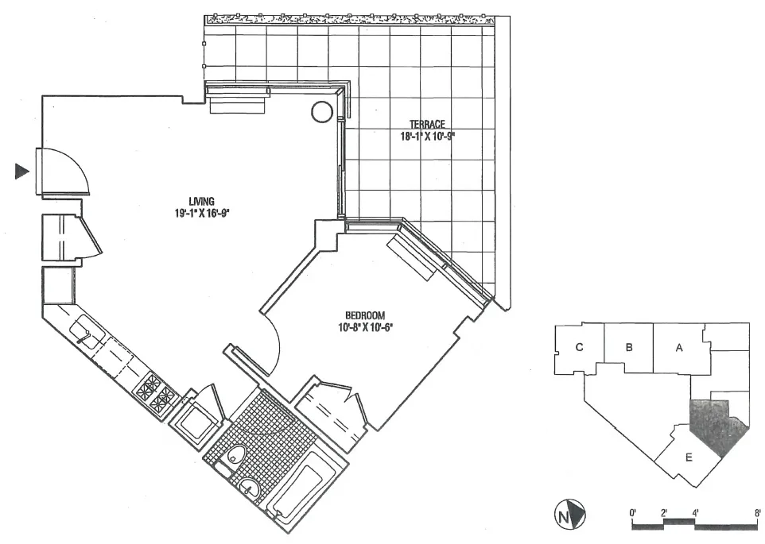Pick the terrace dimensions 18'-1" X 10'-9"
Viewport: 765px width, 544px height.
(x=427, y=135)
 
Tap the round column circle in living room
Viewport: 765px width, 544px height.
(x=321, y=111)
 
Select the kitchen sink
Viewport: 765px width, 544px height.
(x=85, y=331)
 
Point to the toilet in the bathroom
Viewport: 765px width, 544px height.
(x=235, y=456)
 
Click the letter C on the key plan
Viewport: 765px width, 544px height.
(x=580, y=346)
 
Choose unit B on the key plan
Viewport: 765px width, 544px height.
(x=628, y=346)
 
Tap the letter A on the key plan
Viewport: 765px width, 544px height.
(x=678, y=346)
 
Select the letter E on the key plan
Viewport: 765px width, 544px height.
(x=688, y=457)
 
